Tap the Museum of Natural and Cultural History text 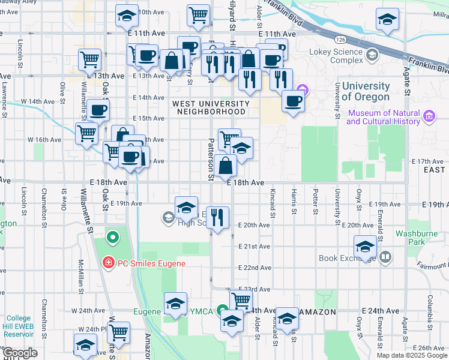383,117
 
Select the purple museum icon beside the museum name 429,115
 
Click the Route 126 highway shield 340,40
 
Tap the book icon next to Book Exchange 385,258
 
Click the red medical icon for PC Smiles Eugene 107,263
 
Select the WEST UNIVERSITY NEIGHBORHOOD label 209,107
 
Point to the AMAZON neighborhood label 319,312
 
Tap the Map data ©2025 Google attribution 412,355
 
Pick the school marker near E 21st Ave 365,246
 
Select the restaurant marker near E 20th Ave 218,217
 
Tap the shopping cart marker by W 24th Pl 118,331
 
